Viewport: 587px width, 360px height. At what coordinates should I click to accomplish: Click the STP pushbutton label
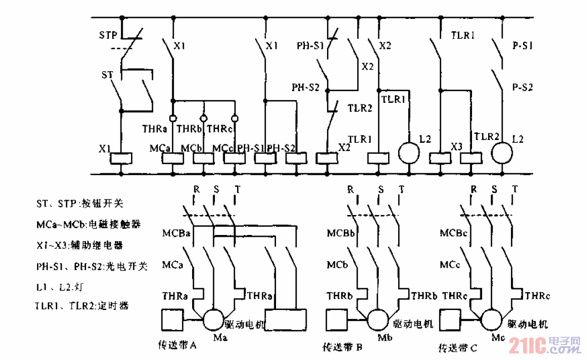click(108, 36)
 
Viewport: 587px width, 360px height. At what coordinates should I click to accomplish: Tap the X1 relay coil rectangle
click(121, 158)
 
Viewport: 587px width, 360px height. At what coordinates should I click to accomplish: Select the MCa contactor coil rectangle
click(172, 158)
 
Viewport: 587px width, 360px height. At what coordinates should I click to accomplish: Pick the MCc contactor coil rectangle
click(234, 158)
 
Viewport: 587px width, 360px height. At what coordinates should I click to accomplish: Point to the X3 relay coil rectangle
click(440, 158)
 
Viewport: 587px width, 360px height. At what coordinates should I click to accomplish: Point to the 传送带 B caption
click(343, 348)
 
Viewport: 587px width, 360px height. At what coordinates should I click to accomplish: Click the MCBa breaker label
click(176, 233)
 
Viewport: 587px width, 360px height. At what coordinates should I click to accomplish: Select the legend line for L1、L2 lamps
click(58, 286)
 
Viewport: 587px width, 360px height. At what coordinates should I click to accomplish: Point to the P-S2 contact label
click(522, 87)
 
